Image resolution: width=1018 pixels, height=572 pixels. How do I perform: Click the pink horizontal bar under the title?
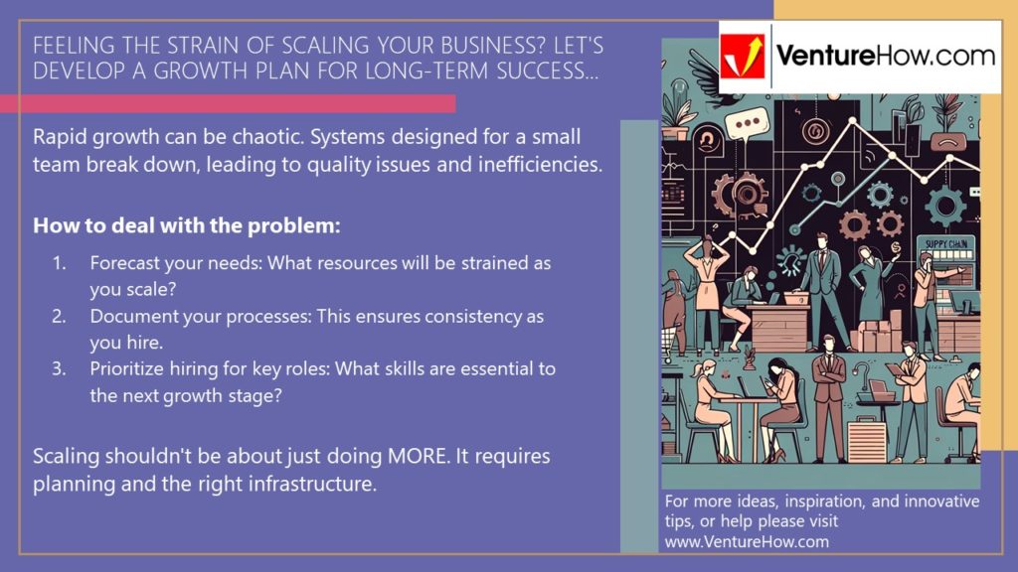[228, 103]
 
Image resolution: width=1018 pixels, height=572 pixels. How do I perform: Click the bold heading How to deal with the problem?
[187, 225]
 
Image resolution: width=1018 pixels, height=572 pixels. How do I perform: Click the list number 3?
[59, 368]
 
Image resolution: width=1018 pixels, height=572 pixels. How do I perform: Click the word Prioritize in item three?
[126, 368]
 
